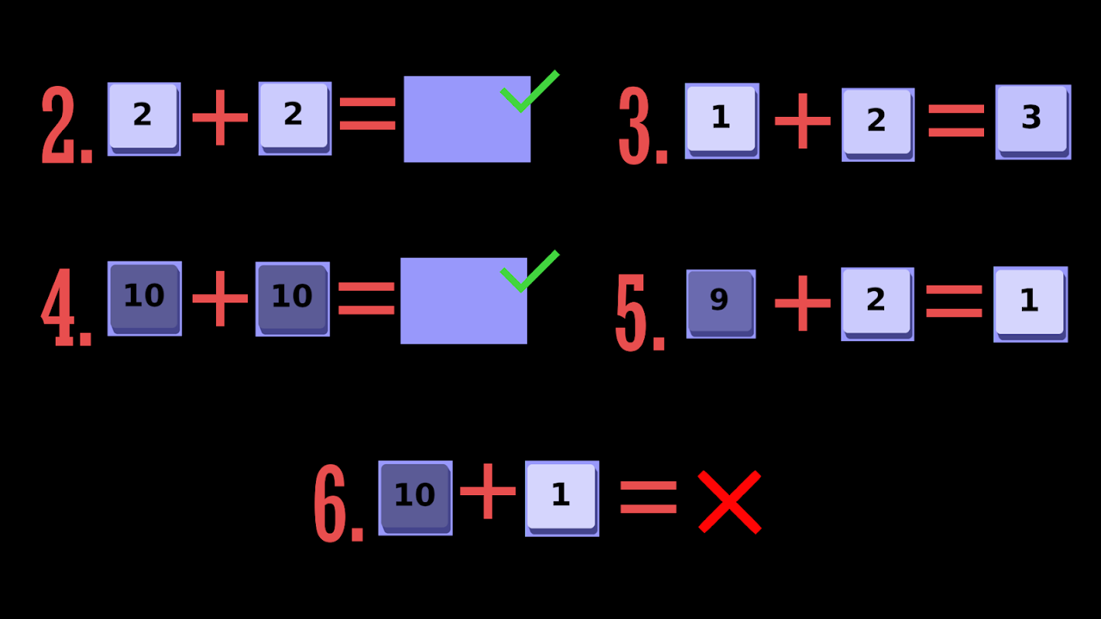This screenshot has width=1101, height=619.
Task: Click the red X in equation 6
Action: coord(729,502)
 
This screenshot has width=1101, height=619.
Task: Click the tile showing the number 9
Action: coord(720,303)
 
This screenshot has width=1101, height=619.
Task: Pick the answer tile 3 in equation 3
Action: coord(1033,121)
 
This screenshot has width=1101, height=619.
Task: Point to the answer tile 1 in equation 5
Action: coord(1030,304)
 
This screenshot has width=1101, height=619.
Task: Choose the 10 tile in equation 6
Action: coord(415,498)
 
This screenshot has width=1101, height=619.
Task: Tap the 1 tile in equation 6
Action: coord(561,498)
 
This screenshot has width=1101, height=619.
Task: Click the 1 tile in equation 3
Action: coord(722,121)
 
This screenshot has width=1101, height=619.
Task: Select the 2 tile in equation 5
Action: coord(876,304)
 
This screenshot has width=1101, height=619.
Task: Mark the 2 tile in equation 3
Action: coord(877,124)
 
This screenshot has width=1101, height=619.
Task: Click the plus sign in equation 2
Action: coord(220,117)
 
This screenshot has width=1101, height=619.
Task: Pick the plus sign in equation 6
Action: coord(488,491)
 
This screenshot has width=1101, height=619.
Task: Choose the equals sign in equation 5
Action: coord(954,302)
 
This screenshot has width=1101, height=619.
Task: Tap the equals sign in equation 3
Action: coord(956,121)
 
